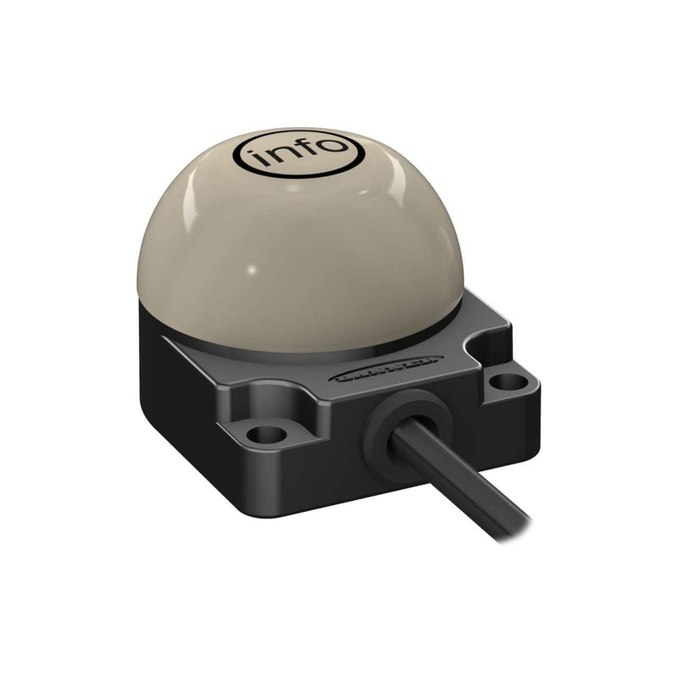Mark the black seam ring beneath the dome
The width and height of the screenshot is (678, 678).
pos(339,347)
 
